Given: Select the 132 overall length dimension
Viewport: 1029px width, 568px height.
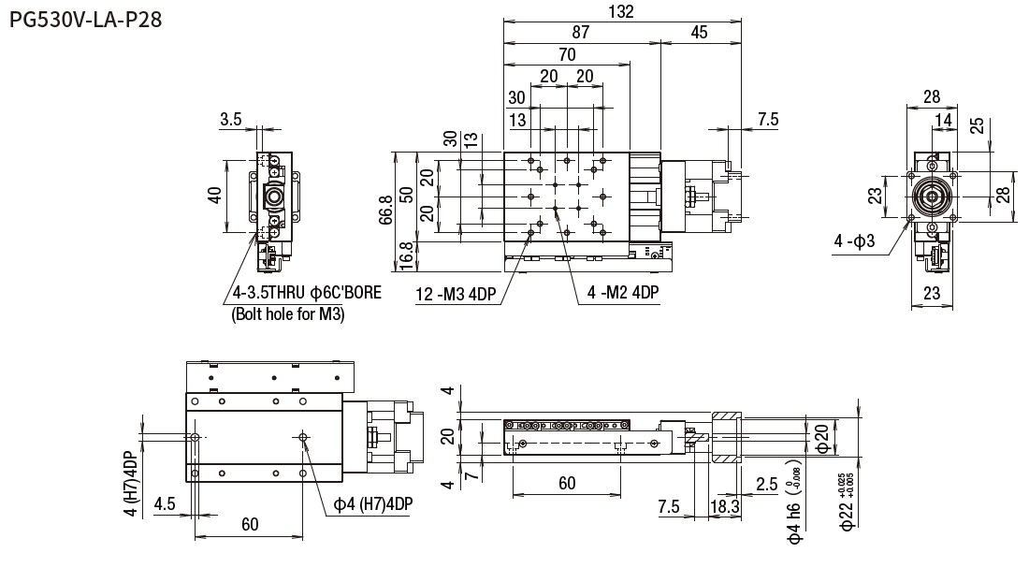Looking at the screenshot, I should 620,12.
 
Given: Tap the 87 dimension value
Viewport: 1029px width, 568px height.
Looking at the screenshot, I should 581,32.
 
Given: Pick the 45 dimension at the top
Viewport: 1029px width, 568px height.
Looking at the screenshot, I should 699,32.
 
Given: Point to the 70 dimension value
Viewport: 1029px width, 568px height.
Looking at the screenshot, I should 567,54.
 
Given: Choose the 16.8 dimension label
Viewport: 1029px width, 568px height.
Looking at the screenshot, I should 403,255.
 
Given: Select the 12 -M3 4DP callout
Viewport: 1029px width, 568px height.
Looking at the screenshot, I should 455,295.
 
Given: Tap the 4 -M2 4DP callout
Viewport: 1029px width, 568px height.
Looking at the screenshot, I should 623,293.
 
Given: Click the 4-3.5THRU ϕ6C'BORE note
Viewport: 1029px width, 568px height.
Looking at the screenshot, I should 306,295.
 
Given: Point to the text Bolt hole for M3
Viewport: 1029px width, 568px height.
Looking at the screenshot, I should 287,315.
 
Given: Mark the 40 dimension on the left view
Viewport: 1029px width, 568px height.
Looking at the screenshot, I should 214,196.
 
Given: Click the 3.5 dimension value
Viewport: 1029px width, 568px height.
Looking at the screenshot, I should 231,119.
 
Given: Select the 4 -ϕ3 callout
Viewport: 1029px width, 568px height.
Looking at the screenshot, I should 854,241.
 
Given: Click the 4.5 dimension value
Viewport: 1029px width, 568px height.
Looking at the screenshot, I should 165,502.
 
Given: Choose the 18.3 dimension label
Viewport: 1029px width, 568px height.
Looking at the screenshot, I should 726,506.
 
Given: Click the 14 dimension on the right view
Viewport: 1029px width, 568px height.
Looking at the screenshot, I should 945,119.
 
